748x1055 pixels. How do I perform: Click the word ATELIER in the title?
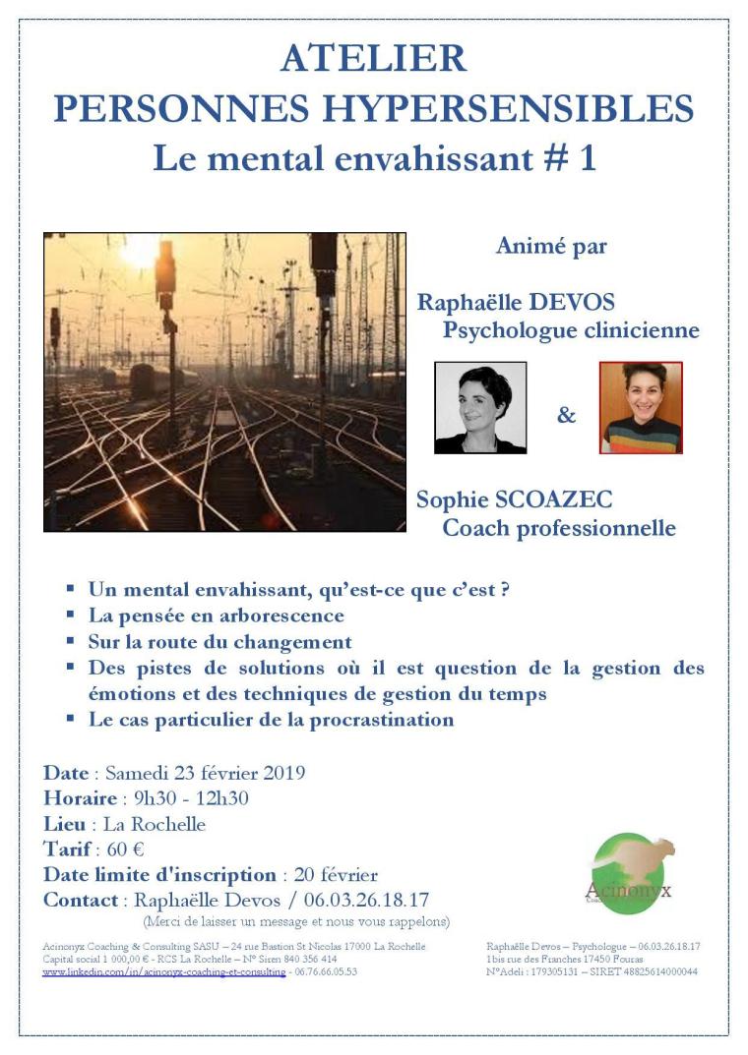(373, 59)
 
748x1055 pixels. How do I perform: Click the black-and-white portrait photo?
(480, 407)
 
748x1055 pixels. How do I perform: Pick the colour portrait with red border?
(641, 407)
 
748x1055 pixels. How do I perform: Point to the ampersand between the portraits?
(566, 415)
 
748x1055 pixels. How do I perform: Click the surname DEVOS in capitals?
(570, 301)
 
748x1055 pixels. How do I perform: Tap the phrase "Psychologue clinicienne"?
(571, 330)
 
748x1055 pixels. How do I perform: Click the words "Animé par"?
(551, 246)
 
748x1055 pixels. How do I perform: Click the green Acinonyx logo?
(629, 873)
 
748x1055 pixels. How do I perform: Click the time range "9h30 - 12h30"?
(185, 797)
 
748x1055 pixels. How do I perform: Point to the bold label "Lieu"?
(64, 823)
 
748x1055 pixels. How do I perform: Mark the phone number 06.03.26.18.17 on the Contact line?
(366, 900)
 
